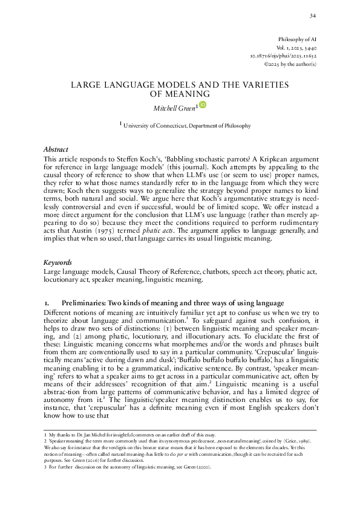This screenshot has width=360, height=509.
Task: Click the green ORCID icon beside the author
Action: coord(203,105)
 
